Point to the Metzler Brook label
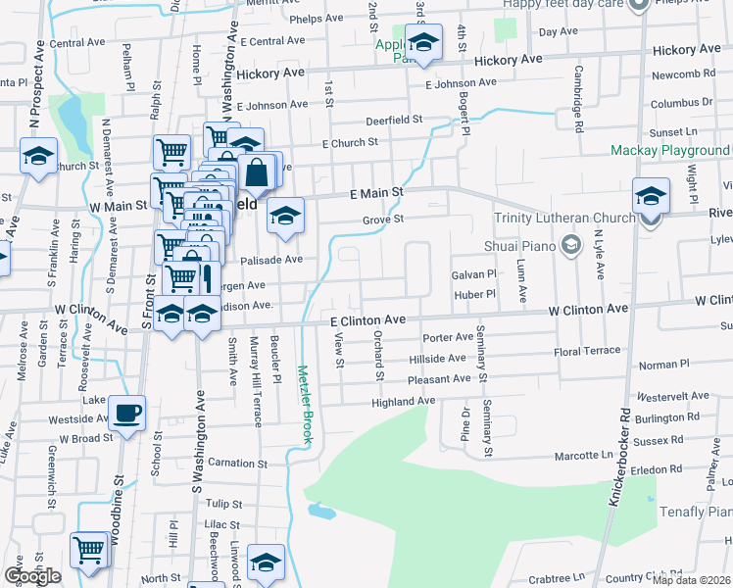click(305, 405)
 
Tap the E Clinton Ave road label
click(367, 320)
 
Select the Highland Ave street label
click(403, 402)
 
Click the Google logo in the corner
click(31, 575)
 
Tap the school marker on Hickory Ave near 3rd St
click(424, 44)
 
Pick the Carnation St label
click(230, 462)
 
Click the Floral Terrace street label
click(587, 350)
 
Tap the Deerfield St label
click(392, 119)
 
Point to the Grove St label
click(383, 220)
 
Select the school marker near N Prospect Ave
click(39, 158)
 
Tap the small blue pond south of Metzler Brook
click(321, 511)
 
